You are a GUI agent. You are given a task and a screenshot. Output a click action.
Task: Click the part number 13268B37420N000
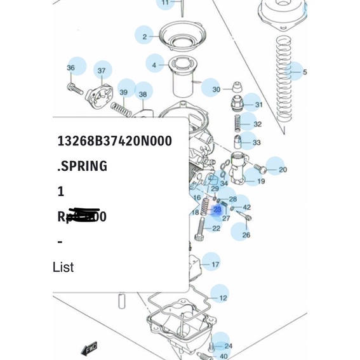tap(114, 141)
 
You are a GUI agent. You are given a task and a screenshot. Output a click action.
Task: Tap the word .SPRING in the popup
tap(82, 166)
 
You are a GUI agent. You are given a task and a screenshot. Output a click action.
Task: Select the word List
tap(63, 267)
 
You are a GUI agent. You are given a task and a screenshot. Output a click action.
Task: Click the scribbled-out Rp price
tap(82, 217)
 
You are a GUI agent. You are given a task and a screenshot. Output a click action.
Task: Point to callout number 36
tap(70, 68)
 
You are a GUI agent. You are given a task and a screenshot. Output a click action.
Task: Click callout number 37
tap(101, 70)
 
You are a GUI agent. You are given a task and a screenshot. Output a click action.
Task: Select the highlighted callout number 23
tap(217, 209)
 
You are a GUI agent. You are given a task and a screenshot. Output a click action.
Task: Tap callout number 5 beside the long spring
tap(304, 72)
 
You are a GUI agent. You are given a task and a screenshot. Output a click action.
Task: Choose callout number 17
tap(215, 264)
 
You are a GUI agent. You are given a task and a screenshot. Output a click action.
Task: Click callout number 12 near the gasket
tap(223, 298)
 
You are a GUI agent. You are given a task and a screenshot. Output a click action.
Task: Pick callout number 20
tap(283, 170)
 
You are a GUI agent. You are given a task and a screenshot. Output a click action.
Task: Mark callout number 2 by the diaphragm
tap(144, 37)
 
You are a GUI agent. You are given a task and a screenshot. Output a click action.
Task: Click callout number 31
tap(258, 105)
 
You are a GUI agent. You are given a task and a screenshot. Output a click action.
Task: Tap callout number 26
tap(246, 235)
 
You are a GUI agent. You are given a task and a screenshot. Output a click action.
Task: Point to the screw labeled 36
tap(76, 88)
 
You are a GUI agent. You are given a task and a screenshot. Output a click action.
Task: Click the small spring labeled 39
tap(121, 110)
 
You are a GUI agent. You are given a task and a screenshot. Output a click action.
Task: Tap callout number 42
tap(246, 207)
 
